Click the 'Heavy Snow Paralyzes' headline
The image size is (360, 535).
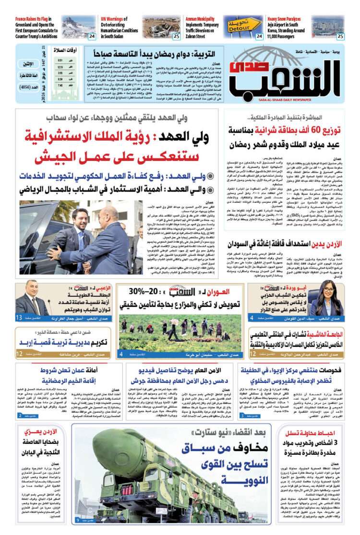click(287, 19)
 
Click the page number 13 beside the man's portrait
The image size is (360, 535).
click(19, 318)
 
